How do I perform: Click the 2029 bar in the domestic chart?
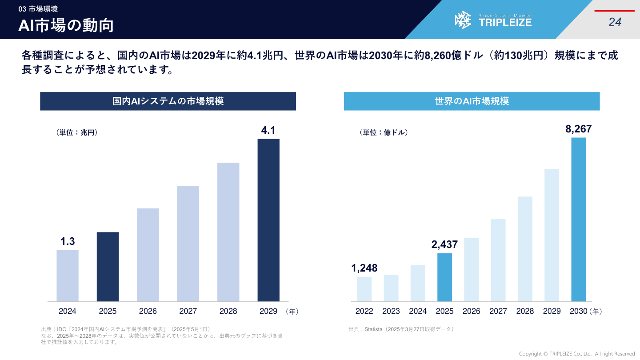click(x=268, y=220)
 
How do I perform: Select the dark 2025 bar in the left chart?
click(x=108, y=267)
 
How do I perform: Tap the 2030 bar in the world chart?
click(x=578, y=220)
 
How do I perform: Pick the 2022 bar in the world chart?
click(x=364, y=289)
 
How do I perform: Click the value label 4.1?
click(x=268, y=130)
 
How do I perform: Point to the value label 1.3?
click(x=68, y=241)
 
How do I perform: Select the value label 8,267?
click(x=578, y=129)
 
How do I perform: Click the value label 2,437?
click(x=444, y=244)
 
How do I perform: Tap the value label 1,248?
click(x=364, y=268)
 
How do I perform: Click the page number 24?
click(x=615, y=22)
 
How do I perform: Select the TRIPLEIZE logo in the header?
click(x=493, y=20)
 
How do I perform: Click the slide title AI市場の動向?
click(x=66, y=25)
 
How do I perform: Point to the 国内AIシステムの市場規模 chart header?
click(x=168, y=101)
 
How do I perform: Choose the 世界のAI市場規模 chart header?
click(x=472, y=101)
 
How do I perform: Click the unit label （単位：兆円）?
click(x=77, y=132)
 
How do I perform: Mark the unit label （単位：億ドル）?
click(x=384, y=132)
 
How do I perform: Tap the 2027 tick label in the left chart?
click(x=188, y=311)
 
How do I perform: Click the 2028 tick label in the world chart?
click(x=525, y=311)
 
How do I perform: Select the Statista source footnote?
click(x=401, y=329)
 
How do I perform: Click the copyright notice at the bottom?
click(x=577, y=354)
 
